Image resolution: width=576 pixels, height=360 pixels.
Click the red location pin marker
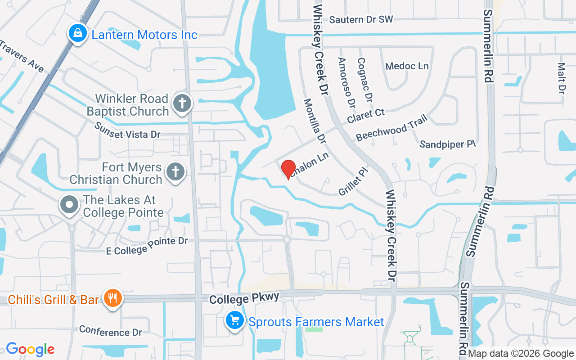288,170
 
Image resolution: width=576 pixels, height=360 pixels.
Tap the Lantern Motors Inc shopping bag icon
78,34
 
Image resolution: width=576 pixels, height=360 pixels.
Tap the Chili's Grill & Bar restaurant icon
112,298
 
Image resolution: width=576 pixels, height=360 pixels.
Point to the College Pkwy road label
245,298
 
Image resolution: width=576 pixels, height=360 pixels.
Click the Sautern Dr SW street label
361,19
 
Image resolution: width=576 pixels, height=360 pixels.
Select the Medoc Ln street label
407,66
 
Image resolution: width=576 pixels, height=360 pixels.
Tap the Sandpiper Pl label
447,144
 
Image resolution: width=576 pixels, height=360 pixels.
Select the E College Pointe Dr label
147,246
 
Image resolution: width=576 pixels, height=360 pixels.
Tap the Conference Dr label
110,331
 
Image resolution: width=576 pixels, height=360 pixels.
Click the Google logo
30,349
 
